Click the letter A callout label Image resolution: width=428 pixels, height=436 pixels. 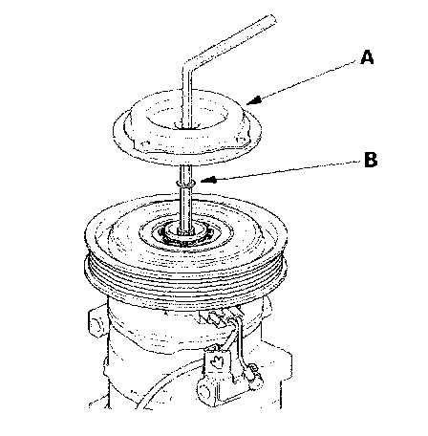(x=367, y=57)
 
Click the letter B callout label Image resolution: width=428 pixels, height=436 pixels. (x=371, y=160)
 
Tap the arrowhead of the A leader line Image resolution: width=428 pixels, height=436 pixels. (x=254, y=100)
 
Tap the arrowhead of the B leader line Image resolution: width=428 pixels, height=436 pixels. (x=208, y=181)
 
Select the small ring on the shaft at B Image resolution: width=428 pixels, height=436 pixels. (x=185, y=183)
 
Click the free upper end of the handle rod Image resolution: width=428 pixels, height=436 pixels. (x=270, y=20)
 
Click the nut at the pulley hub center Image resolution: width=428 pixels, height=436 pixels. (x=185, y=231)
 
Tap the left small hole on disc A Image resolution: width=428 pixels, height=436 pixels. (x=146, y=142)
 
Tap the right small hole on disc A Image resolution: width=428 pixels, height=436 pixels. (x=240, y=140)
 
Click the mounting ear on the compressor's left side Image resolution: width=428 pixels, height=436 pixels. (x=97, y=322)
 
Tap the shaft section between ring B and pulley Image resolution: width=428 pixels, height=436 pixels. (x=185, y=207)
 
